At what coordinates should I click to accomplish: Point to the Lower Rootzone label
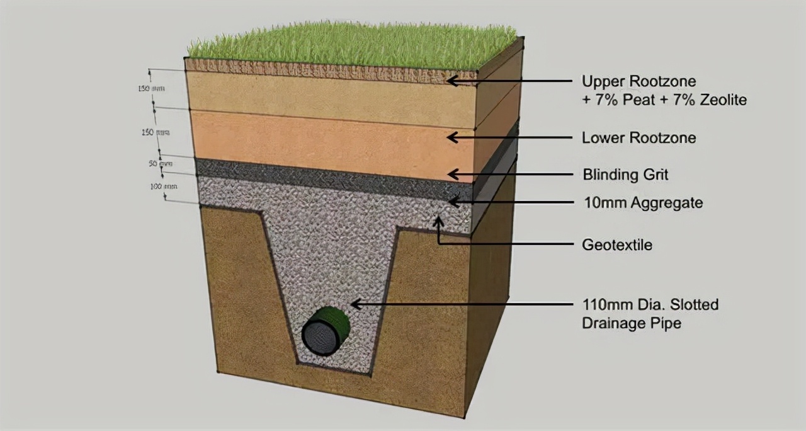click(x=639, y=137)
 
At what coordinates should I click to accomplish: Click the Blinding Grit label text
click(x=625, y=174)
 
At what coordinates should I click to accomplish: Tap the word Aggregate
click(x=670, y=203)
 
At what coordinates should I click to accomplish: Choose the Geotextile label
click(x=616, y=244)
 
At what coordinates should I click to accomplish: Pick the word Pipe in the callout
click(x=667, y=323)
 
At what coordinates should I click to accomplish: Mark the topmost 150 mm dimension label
click(x=151, y=89)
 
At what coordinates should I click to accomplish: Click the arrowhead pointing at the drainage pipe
click(x=354, y=304)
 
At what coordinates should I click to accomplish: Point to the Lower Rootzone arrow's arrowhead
click(x=451, y=137)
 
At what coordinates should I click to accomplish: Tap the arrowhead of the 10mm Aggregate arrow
click(x=451, y=202)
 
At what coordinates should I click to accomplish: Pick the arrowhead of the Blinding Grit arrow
click(x=451, y=175)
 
